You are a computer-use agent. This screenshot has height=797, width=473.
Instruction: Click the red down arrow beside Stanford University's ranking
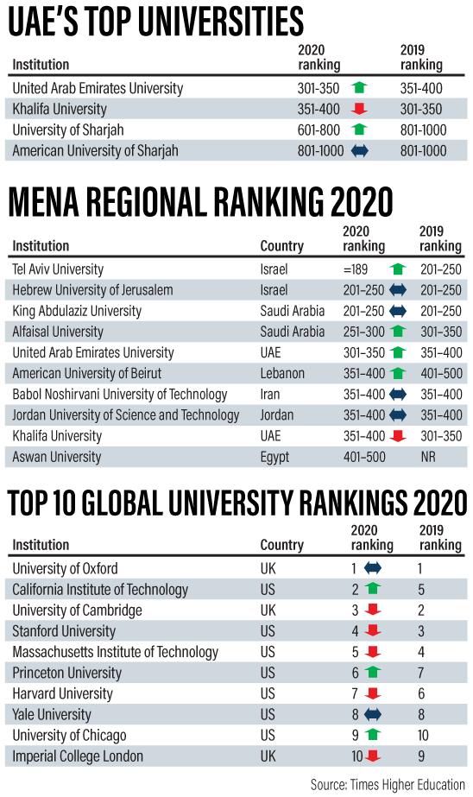[x=372, y=631]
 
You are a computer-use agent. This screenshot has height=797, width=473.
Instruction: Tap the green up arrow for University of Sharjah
[x=359, y=130]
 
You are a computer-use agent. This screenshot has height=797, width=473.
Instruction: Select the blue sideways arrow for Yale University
[x=372, y=714]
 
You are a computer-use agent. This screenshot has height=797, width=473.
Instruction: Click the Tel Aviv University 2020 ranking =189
[x=355, y=269]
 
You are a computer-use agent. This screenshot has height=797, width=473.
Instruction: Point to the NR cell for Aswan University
[x=428, y=457]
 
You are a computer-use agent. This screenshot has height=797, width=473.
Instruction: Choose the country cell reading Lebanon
[x=282, y=373]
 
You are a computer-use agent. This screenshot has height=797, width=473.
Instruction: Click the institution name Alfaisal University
[x=58, y=332]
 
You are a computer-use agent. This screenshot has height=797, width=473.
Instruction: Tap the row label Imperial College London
[x=77, y=756]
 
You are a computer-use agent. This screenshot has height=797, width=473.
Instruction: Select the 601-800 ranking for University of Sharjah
[x=318, y=130]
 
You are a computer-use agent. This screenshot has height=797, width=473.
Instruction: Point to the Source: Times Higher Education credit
[x=388, y=784]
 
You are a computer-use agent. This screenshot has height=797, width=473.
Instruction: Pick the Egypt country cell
[x=274, y=457]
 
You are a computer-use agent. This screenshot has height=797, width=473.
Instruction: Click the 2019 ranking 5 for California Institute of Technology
[x=420, y=590]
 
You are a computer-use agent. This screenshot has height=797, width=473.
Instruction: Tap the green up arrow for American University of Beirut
[x=397, y=373]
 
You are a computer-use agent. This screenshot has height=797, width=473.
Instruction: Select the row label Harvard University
[x=62, y=693]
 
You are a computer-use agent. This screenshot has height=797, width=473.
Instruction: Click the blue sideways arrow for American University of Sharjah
[x=360, y=150]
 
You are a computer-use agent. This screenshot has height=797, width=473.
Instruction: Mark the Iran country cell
[x=270, y=394]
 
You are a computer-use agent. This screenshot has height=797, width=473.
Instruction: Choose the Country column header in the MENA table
[x=281, y=246]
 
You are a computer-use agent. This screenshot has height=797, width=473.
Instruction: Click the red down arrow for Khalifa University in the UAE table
[x=359, y=108]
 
